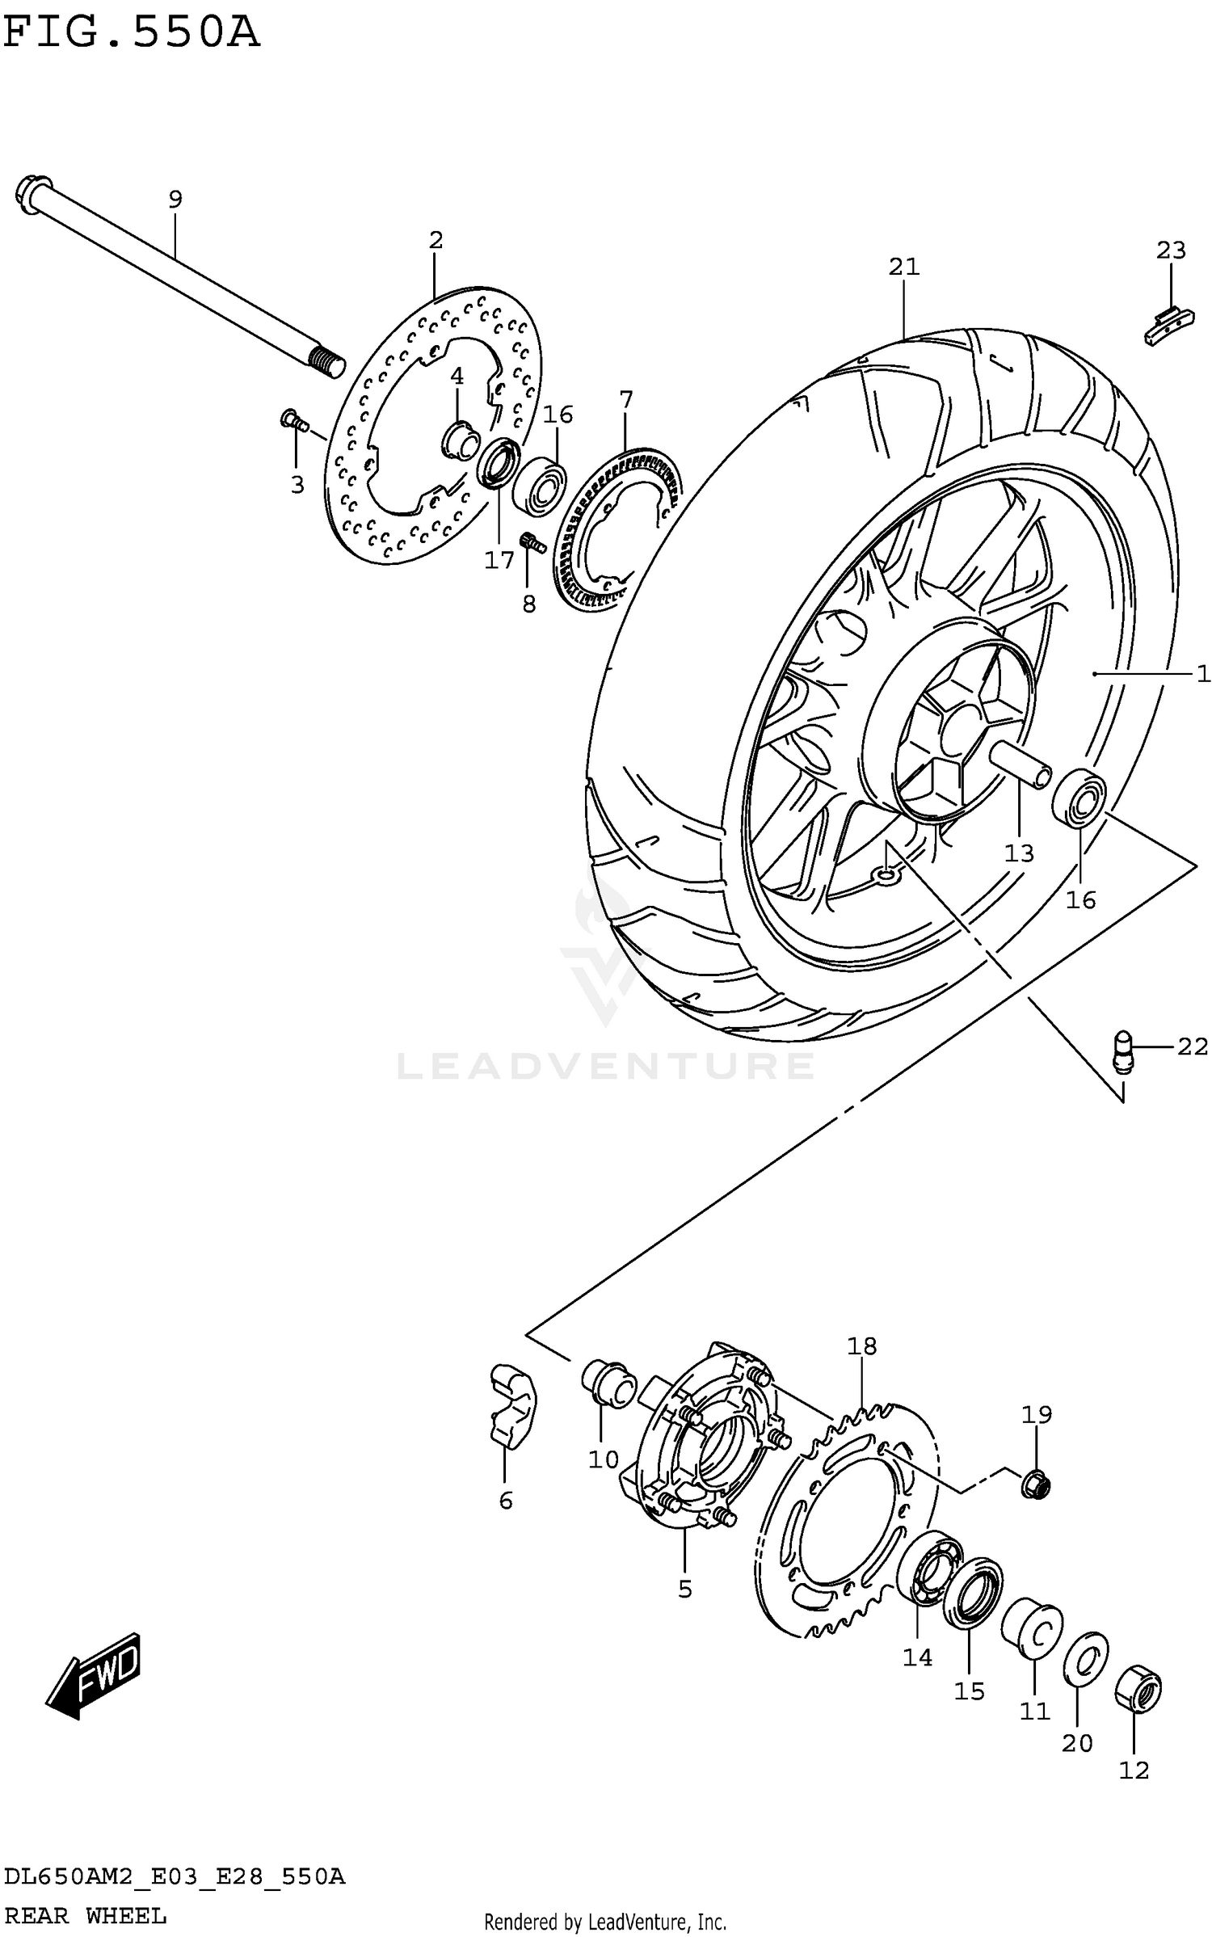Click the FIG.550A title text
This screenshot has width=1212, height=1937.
132,34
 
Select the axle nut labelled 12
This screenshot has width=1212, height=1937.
1138,1688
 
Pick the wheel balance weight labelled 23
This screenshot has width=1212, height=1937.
1164,326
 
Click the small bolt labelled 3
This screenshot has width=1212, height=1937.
294,420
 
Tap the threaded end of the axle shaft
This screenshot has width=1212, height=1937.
326,361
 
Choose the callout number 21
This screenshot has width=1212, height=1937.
904,267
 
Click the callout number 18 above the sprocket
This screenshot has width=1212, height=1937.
862,1346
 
